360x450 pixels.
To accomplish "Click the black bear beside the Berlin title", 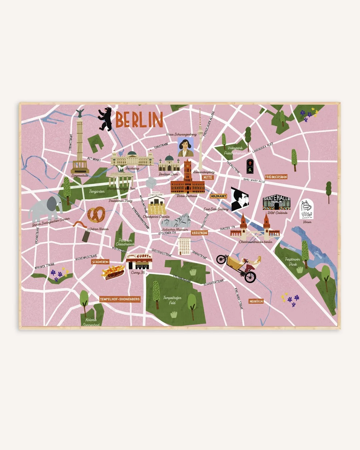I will [x=105, y=119].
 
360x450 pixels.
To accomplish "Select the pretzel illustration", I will [x=96, y=215].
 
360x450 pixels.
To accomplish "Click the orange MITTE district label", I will [x=208, y=178].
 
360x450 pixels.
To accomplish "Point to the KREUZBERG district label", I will [x=200, y=233].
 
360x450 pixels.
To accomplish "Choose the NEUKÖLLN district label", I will [x=256, y=301].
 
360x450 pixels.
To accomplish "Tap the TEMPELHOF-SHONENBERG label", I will [x=120, y=299].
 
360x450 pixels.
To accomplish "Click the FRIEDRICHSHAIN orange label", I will [x=276, y=177].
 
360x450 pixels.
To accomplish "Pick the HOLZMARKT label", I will [x=218, y=196].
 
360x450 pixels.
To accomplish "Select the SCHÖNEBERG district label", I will [x=101, y=262].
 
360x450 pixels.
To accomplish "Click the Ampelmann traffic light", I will [x=250, y=166].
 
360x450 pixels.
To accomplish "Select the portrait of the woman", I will [x=185, y=147].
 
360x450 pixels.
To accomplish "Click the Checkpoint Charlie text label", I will [x=156, y=217].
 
